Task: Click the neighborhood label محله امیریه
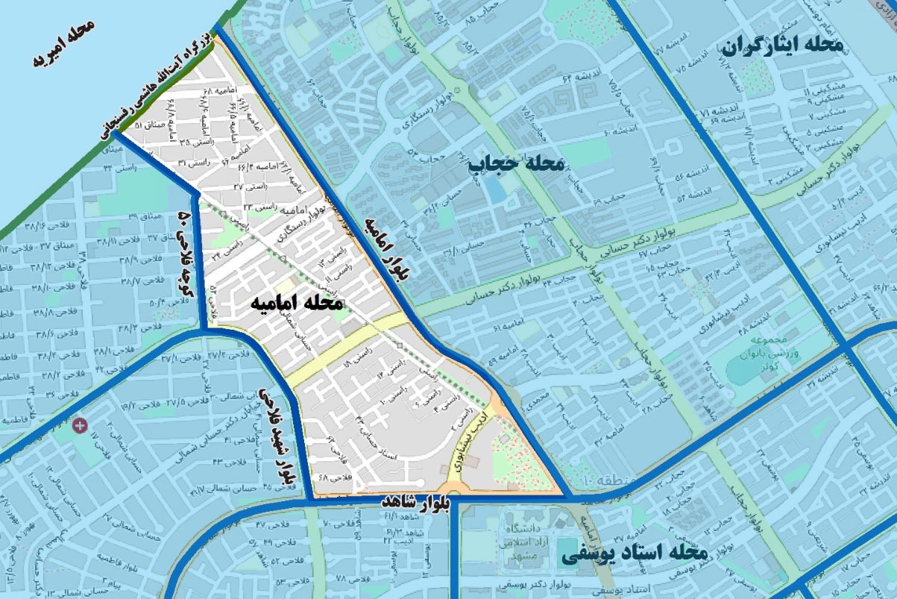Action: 65,45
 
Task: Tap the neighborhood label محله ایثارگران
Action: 782,47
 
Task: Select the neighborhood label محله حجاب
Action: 517,163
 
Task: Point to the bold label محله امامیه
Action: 297,303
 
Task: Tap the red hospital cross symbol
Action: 80,425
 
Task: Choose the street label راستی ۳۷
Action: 248,186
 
